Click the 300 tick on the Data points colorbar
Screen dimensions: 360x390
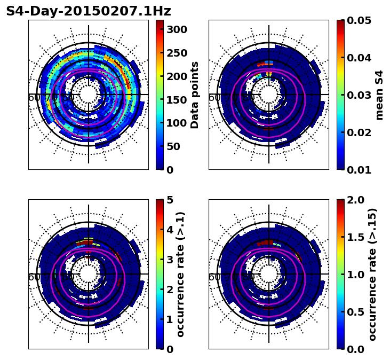pos(177,29)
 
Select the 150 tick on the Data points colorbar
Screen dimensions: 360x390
pos(177,99)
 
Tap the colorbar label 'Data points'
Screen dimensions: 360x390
pos(195,95)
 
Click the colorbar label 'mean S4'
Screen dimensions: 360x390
pos(379,95)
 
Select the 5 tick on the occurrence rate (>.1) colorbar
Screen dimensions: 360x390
pos(170,200)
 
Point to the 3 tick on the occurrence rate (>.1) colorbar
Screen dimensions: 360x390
pos(170,260)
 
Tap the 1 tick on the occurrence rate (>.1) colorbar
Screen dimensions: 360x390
pos(170,319)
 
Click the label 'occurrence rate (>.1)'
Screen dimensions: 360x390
pos(180,275)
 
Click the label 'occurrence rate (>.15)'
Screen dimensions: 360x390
pos(372,275)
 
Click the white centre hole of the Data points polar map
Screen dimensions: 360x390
pos(89,95)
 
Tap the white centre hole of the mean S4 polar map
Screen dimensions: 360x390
pos(269,95)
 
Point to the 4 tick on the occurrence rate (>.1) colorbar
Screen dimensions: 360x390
pos(170,230)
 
